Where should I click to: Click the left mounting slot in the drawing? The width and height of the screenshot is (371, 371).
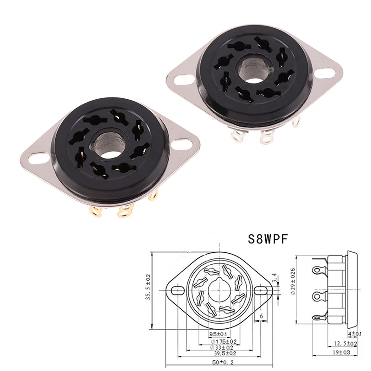click(177, 290)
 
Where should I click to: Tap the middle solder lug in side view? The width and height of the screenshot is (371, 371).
click(318, 295)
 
